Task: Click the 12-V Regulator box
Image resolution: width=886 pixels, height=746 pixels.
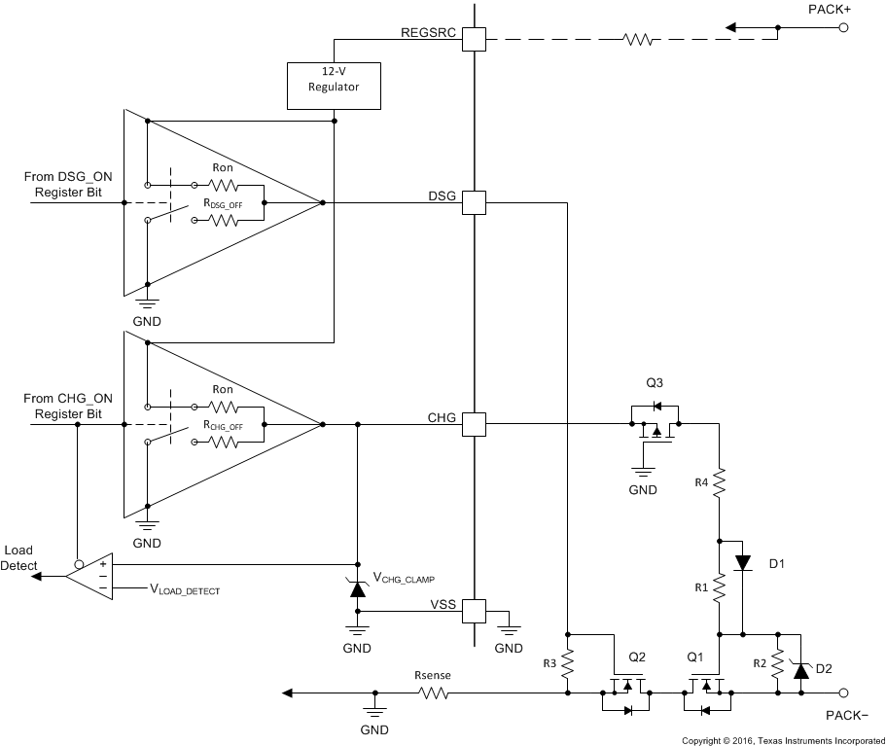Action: pos(334,87)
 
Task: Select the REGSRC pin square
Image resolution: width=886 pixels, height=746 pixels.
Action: pos(473,40)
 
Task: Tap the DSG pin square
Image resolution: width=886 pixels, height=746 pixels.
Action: pos(473,202)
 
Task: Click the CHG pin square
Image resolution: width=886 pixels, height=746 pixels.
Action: pos(473,424)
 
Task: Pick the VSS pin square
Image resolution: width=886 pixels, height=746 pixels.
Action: pos(473,611)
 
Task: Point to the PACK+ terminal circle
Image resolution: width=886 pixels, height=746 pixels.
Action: pos(843,28)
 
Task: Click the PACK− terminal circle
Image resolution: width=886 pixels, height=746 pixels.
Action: pos(843,693)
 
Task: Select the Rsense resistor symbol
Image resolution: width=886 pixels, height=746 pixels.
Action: pos(433,693)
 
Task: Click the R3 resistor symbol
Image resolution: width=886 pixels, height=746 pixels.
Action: pos(569,663)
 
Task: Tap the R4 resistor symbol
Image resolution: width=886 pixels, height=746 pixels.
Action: pos(719,482)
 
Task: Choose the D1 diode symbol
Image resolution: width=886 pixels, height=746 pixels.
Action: pos(743,562)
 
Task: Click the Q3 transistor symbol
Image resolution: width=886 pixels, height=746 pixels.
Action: pos(655,424)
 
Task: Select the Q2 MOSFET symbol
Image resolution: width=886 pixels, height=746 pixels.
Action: pos(627,693)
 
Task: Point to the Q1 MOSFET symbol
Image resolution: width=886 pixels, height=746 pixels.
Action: pos(706,693)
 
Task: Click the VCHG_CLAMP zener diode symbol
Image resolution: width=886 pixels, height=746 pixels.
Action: pos(357,586)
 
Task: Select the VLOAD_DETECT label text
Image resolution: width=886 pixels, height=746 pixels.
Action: pos(192,589)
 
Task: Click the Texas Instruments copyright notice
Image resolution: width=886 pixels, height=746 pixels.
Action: pos(782,740)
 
